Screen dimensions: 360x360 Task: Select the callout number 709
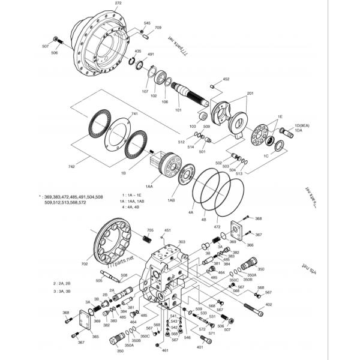(158, 28)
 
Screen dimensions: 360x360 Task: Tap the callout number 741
(134, 114)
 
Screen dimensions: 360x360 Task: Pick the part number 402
(269, 305)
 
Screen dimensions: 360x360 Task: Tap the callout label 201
(250, 94)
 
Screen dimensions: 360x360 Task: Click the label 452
(226, 79)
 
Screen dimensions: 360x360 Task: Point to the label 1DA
(298, 131)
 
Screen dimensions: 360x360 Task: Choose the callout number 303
(182, 242)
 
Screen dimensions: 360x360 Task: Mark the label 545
(147, 23)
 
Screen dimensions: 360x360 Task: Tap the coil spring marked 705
(145, 240)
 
